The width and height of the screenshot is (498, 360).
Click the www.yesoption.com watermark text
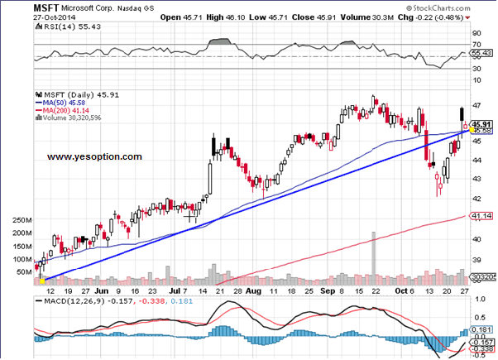click(x=93, y=156)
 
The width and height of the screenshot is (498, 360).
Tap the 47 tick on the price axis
click(x=477, y=106)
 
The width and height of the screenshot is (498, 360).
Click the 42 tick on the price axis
click(x=477, y=198)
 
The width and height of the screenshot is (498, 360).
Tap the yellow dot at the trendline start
click(x=41, y=281)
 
